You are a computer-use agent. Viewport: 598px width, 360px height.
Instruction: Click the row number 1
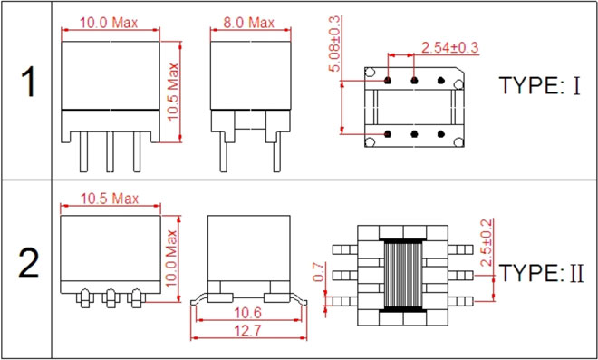tap(27, 82)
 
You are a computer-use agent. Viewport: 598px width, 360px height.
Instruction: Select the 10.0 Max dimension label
tap(109, 23)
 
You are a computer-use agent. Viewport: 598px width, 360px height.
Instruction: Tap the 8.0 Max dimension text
tap(248, 23)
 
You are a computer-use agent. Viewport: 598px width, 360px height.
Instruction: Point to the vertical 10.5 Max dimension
tap(174, 92)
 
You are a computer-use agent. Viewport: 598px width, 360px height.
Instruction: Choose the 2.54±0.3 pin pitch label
tap(449, 48)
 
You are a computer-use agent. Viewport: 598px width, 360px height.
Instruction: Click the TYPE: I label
tap(540, 85)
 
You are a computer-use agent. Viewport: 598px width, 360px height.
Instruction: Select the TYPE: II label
tap(541, 273)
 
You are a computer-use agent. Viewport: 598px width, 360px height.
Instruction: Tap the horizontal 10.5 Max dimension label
tap(110, 199)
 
